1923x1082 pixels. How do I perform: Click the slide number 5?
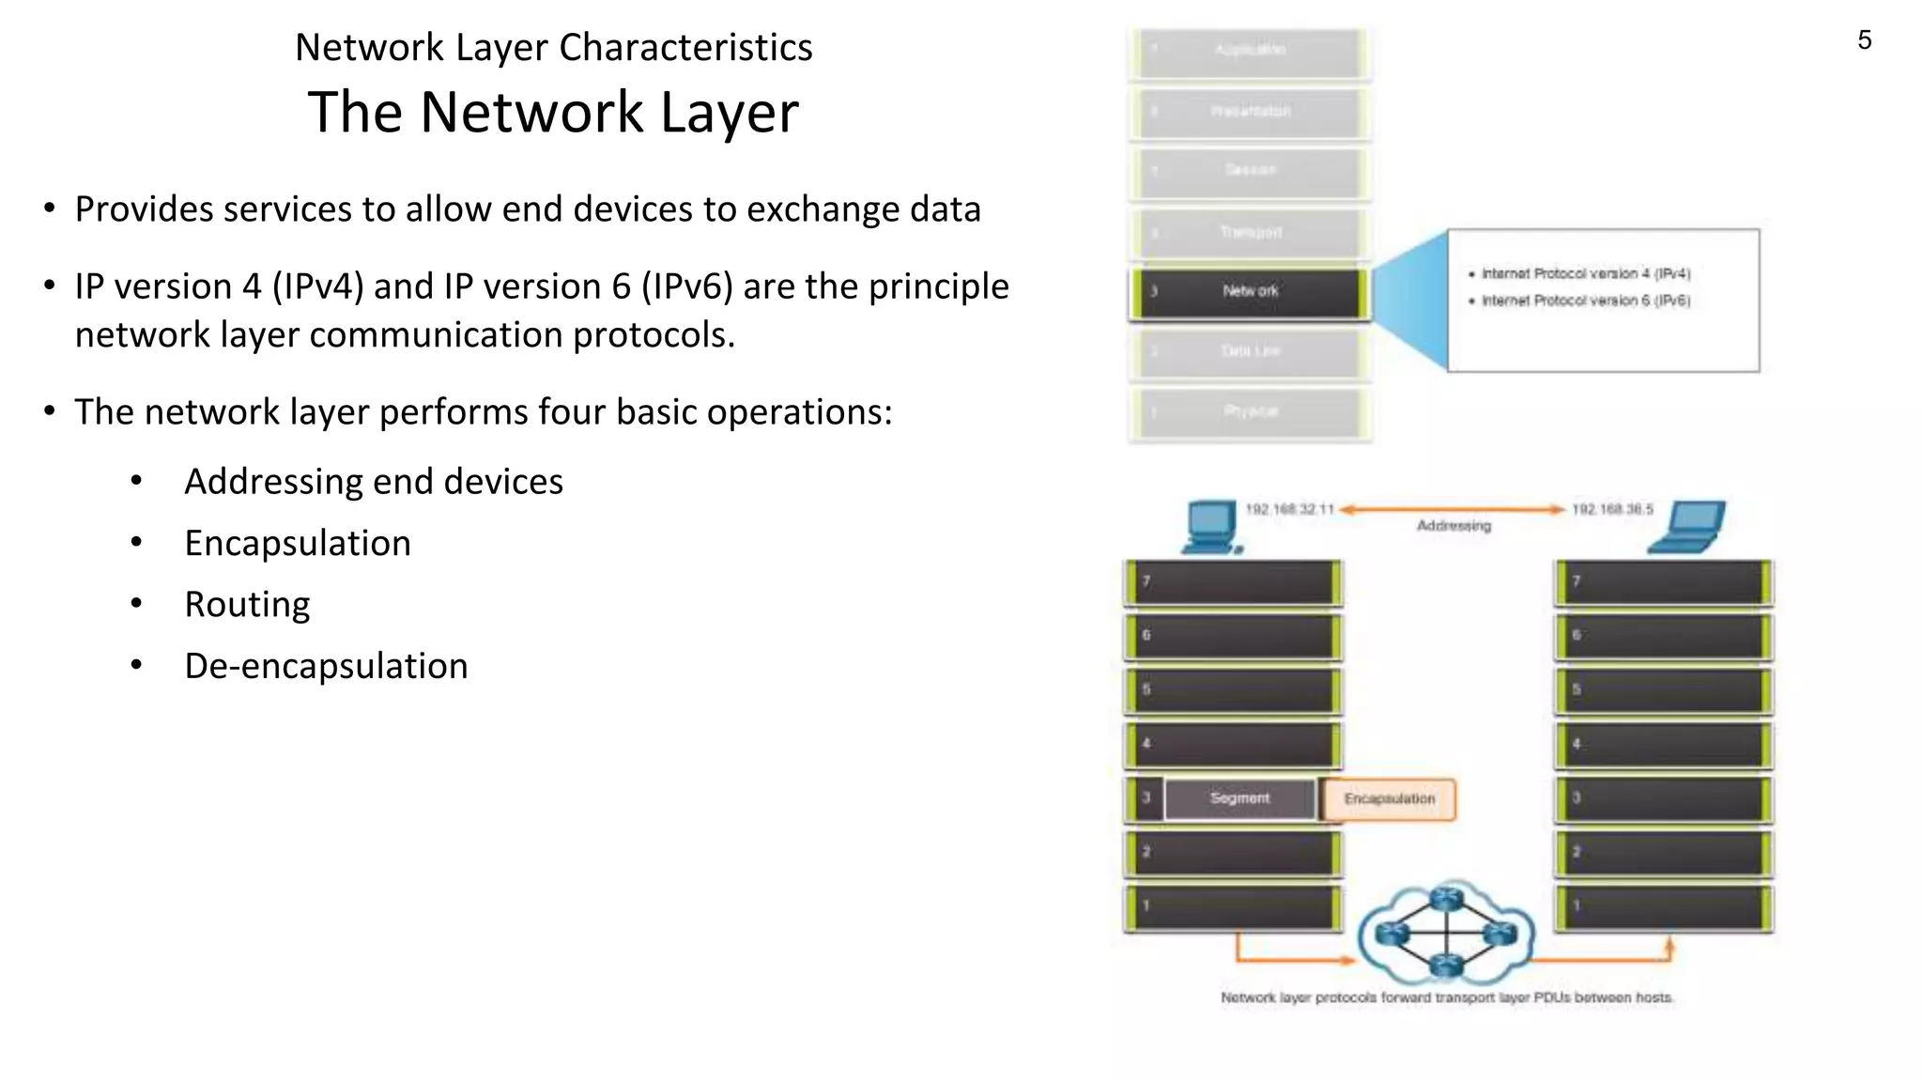pos(1864,40)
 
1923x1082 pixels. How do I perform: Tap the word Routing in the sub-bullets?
pos(247,605)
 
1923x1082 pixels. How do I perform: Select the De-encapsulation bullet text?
pos(326,666)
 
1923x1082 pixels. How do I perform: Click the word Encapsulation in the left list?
pos(298,544)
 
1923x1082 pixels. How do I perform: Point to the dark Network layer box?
pos(1250,292)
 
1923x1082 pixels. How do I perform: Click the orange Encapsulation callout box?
pos(1389,799)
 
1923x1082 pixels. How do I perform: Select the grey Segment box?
pos(1239,798)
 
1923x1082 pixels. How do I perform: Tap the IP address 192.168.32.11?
pos(1289,509)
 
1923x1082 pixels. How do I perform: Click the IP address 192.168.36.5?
pos(1612,509)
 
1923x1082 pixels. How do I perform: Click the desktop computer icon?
pos(1211,527)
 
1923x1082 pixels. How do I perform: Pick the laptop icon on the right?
pos(1688,526)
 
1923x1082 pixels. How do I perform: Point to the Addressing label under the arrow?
pos(1454,526)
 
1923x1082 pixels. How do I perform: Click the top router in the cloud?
pos(1447,900)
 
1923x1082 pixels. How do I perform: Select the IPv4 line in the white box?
pos(1585,273)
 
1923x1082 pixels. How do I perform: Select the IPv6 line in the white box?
pos(1585,301)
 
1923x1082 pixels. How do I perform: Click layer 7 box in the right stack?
pos(1663,582)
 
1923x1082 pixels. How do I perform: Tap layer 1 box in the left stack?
pos(1233,907)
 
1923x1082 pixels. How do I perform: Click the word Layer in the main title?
pos(730,113)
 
